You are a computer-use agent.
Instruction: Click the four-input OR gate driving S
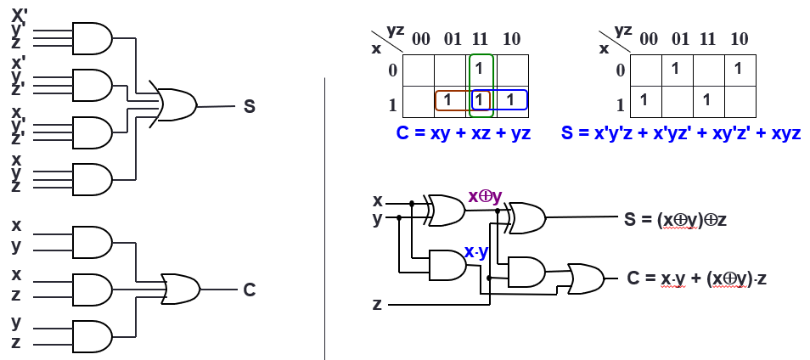[174, 105]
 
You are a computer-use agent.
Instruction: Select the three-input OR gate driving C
[179, 289]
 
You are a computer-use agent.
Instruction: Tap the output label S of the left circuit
[249, 106]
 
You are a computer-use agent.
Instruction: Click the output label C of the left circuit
[249, 290]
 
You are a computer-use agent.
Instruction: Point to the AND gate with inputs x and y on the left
[92, 242]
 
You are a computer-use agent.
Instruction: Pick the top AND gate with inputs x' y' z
[92, 38]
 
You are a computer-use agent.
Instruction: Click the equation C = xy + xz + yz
[464, 134]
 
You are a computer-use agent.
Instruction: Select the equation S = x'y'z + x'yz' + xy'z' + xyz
[681, 134]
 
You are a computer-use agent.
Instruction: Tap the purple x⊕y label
[485, 196]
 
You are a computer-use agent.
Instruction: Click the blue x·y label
[476, 252]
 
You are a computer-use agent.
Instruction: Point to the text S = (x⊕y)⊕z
[675, 219]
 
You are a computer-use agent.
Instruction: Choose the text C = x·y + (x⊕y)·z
[697, 278]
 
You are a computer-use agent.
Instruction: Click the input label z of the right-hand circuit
[377, 303]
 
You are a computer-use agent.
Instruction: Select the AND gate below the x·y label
[447, 266]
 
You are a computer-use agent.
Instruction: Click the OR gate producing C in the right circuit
[585, 277]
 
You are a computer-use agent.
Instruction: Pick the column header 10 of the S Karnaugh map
[738, 39]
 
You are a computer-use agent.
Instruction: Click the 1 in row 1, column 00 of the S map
[644, 99]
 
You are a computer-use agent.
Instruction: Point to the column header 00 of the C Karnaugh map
[421, 39]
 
